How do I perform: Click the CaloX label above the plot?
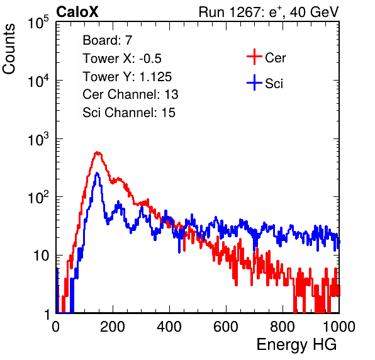click(77, 12)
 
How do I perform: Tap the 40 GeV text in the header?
click(314, 12)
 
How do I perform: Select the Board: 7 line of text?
click(107, 40)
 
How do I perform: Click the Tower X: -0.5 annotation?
click(122, 58)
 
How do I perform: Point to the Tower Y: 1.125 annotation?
click(127, 77)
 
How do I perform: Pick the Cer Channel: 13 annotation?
click(130, 94)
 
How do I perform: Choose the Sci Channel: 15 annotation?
click(129, 113)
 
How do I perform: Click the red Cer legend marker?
click(254, 57)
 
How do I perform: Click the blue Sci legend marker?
click(254, 82)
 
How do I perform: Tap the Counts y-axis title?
click(9, 49)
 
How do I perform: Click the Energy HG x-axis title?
click(296, 344)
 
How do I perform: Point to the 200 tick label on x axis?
click(113, 326)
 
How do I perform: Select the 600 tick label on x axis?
click(226, 326)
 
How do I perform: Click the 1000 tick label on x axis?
click(339, 326)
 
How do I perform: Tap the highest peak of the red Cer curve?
click(98, 152)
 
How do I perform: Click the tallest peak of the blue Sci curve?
click(97, 173)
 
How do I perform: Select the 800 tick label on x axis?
click(283, 326)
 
